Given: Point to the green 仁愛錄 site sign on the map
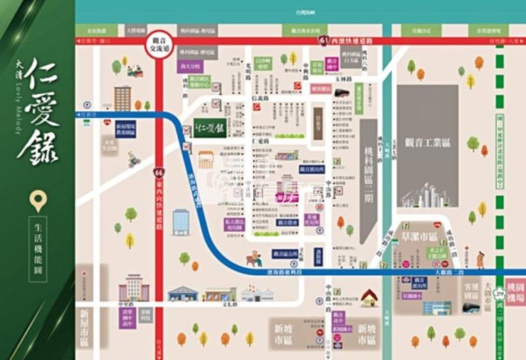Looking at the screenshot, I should pyautogui.click(x=210, y=127).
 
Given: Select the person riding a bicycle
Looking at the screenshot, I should pyautogui.click(x=134, y=158).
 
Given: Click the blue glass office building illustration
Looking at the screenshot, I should pyautogui.click(x=181, y=222).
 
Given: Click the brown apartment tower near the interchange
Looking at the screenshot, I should pyautogui.click(x=122, y=98).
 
